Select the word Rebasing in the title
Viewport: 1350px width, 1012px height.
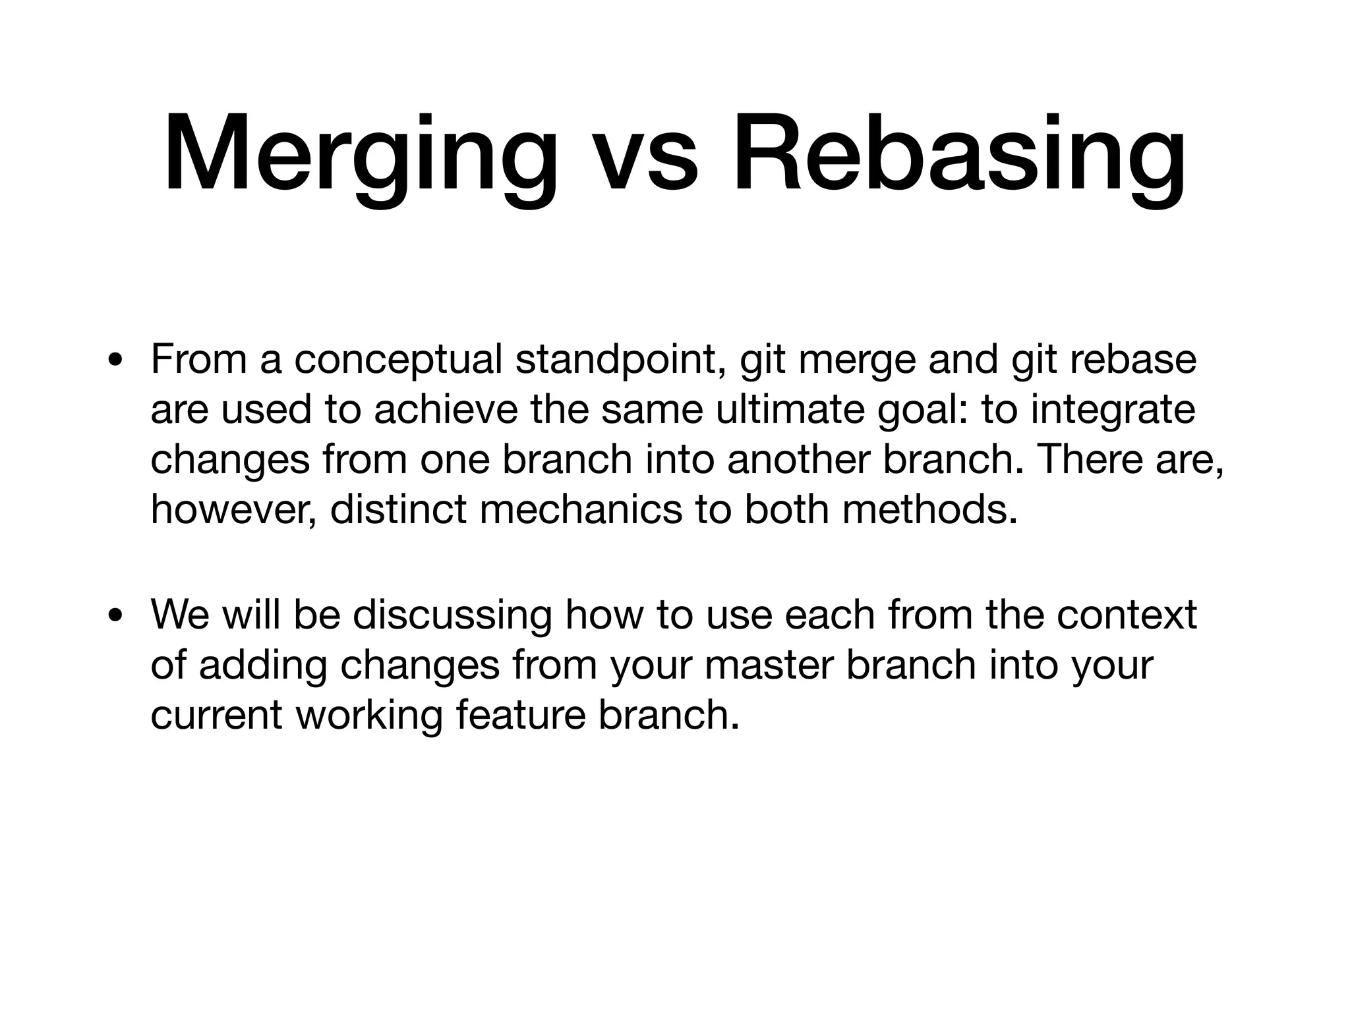(959, 155)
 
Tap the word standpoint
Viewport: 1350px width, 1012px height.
(620, 360)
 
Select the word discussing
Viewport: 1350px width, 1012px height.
(452, 615)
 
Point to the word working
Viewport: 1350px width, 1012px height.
(368, 716)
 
